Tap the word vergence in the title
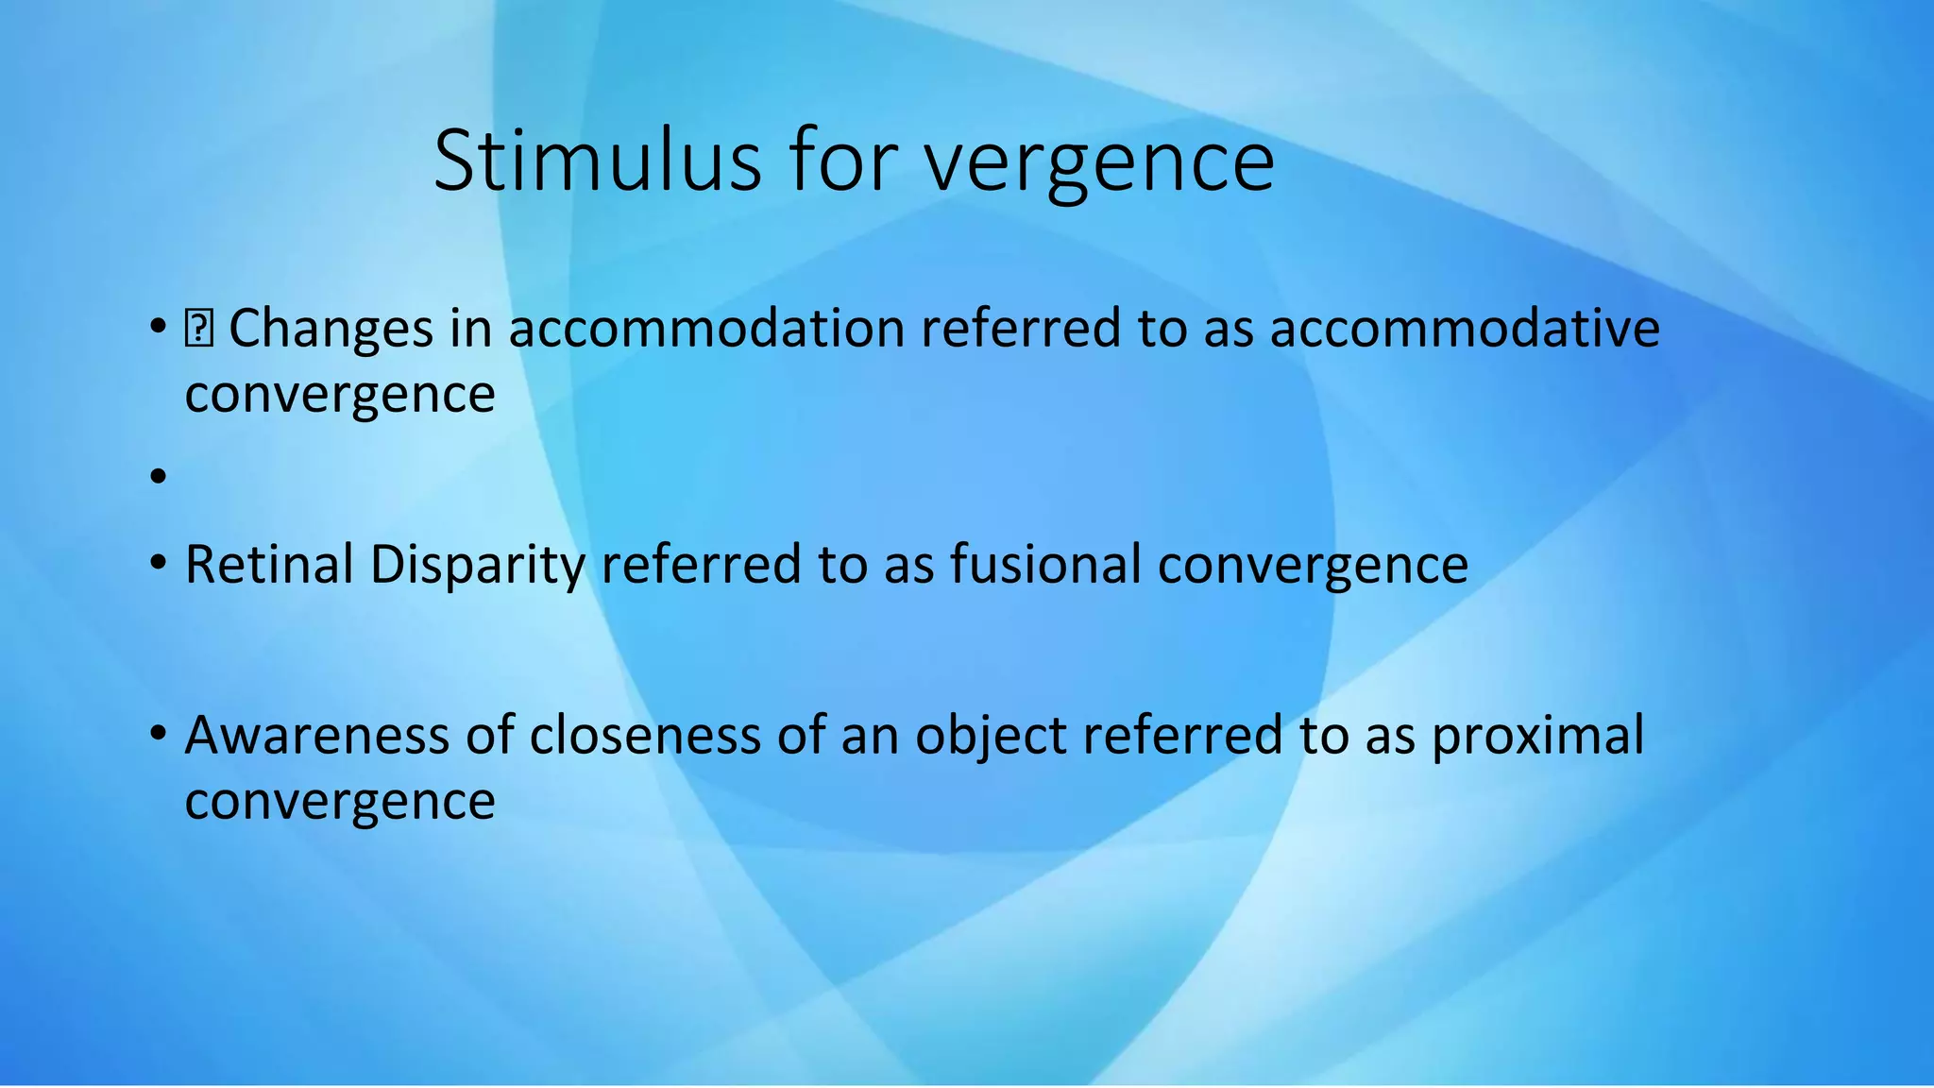1099,162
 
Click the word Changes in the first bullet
331,330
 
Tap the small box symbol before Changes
199,330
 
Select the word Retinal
269,565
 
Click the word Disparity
478,567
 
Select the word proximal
1537,737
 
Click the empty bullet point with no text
158,476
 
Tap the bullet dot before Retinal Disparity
158,564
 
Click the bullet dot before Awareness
158,734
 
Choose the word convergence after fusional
1313,567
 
